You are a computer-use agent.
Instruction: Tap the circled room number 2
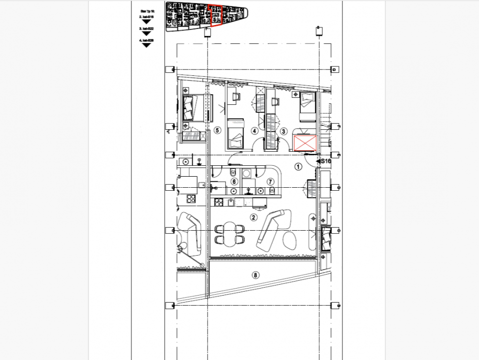pyautogui.click(x=253, y=217)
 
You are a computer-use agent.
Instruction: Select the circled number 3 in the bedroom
pyautogui.click(x=284, y=131)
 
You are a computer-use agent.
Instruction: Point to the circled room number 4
pyautogui.click(x=254, y=131)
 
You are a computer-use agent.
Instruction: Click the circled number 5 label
pyautogui.click(x=217, y=130)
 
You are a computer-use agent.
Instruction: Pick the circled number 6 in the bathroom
pyautogui.click(x=234, y=182)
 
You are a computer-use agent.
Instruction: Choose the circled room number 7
pyautogui.click(x=271, y=182)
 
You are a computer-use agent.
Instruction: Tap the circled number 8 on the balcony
pyautogui.click(x=256, y=274)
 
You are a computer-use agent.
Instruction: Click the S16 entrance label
pyautogui.click(x=325, y=161)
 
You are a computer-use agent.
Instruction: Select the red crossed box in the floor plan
pyautogui.click(x=305, y=143)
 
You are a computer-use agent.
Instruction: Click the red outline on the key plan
pyautogui.click(x=216, y=16)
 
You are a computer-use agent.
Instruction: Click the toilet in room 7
pyautogui.click(x=273, y=191)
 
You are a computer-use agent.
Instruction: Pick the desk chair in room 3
pyautogui.click(x=275, y=102)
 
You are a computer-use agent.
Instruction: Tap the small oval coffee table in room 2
pyautogui.click(x=290, y=241)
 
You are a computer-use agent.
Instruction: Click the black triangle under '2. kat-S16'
pyautogui.click(x=146, y=21)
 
